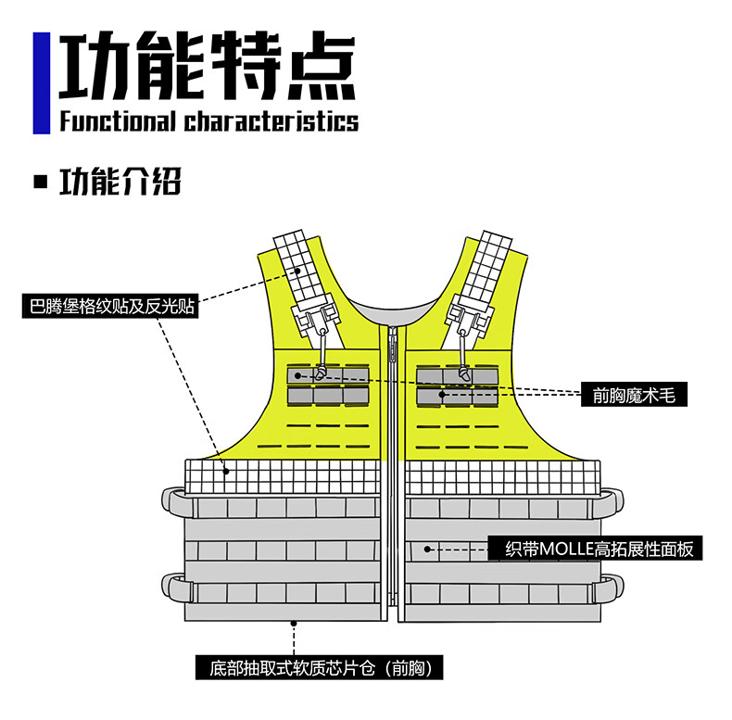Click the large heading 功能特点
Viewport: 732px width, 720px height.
207,67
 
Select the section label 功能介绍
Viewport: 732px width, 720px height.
120,182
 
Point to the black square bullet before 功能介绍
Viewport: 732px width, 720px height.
40,182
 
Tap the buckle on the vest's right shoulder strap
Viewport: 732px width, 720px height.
467,318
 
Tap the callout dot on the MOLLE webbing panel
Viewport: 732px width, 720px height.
427,549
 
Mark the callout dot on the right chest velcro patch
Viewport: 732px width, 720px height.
442,395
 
